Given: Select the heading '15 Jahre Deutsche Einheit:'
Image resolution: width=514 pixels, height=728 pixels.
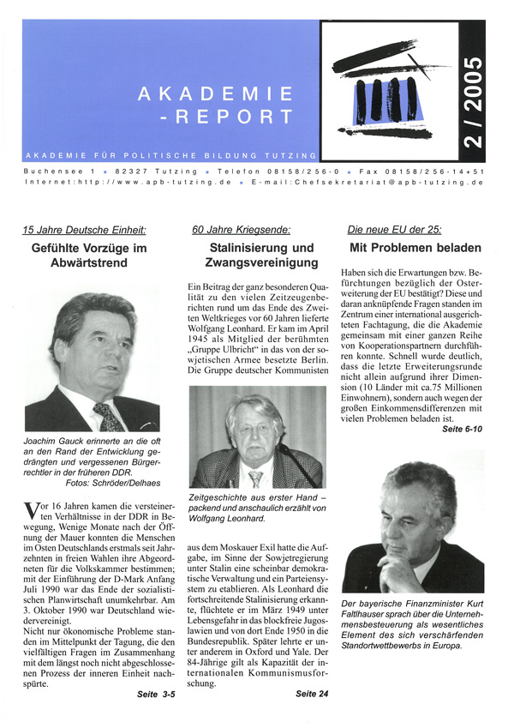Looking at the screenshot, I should click(84, 230).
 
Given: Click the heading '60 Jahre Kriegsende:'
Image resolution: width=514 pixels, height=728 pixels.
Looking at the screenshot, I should click(242, 230).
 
